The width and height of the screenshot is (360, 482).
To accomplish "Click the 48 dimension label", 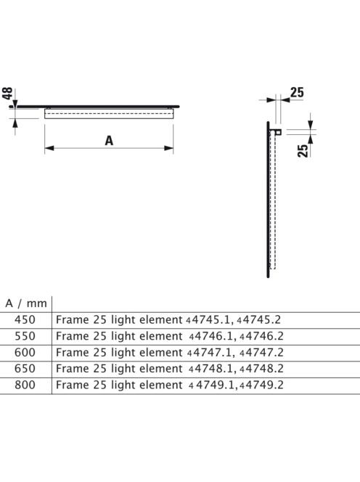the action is (x=7, y=93).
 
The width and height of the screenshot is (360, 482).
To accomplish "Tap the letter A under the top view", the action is (x=109, y=141).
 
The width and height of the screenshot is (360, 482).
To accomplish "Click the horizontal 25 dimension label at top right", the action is (x=297, y=92).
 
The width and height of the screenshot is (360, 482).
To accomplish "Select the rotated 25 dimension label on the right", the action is (x=303, y=151).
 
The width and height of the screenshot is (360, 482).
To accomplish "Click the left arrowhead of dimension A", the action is (x=49, y=148).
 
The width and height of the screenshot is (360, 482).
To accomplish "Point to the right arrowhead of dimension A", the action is (x=169, y=148).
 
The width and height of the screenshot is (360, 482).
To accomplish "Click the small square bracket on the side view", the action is (x=279, y=132).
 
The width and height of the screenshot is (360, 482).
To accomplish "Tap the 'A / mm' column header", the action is (x=26, y=303).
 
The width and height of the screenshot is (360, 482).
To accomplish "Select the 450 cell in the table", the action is (x=25, y=319).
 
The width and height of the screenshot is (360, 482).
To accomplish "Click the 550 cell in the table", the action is (x=25, y=336).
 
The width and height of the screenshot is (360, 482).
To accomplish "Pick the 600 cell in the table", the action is (x=25, y=352).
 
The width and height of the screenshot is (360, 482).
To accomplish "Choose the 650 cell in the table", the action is (x=25, y=369).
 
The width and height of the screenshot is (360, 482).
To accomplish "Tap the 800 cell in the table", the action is (x=25, y=385).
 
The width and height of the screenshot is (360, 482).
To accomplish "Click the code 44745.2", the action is (x=258, y=319).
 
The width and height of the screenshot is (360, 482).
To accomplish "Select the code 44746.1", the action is (x=211, y=336).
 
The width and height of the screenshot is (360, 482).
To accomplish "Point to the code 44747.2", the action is (x=261, y=352).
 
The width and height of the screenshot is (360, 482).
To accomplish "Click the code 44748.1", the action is (x=211, y=369).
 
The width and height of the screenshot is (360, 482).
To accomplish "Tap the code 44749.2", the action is (x=261, y=385).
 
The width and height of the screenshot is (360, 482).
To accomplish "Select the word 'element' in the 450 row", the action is (x=161, y=319).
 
